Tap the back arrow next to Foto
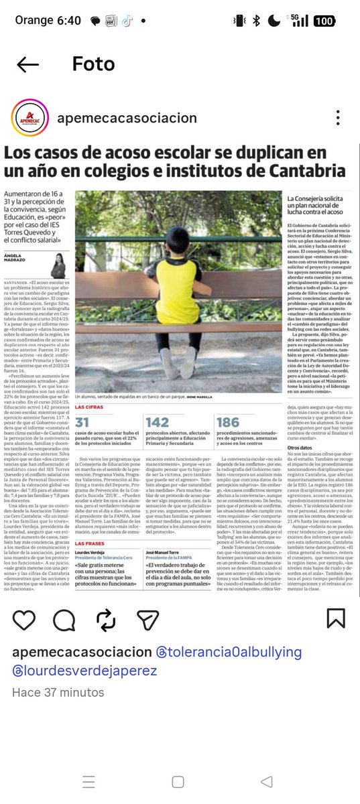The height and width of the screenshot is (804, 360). (x=28, y=64)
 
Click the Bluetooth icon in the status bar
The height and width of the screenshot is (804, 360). (x=256, y=21)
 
